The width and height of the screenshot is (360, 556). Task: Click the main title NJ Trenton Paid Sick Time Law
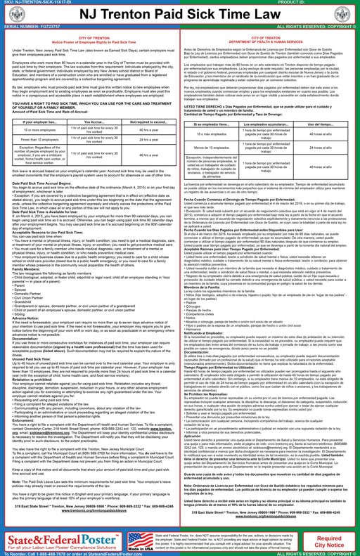pyautogui.click(x=179, y=14)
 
